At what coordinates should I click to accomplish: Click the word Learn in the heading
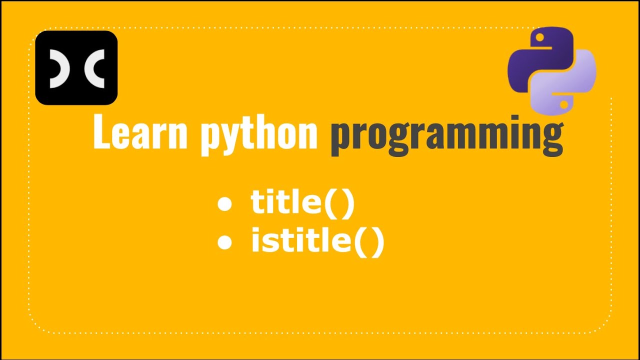tap(140, 132)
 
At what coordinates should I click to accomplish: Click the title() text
tap(302, 203)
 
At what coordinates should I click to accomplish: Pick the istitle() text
tap(317, 241)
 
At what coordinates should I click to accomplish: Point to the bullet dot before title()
tap(225, 204)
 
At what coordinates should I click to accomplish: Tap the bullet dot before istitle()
tap(225, 242)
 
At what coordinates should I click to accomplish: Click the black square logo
tap(76, 67)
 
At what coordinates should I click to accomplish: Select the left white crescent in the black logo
tap(59, 68)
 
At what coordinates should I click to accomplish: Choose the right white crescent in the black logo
tap(95, 68)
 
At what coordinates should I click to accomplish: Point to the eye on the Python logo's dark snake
tap(539, 37)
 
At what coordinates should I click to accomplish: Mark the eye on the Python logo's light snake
tap(564, 105)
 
